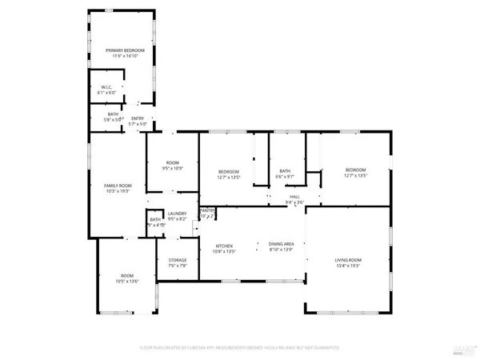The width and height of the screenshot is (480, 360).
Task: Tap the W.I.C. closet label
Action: pyautogui.click(x=106, y=87)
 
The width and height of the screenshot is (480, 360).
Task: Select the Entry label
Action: pyautogui.click(x=138, y=119)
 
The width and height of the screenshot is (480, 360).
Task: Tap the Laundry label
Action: pyautogui.click(x=177, y=214)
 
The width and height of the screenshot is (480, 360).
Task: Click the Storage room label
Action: pyautogui.click(x=177, y=260)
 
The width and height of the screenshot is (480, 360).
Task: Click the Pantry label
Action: pyautogui.click(x=207, y=210)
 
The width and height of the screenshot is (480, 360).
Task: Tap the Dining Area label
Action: pyautogui.click(x=281, y=245)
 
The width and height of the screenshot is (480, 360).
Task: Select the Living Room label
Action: pyautogui.click(x=348, y=260)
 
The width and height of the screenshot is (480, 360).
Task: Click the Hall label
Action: pyautogui.click(x=295, y=196)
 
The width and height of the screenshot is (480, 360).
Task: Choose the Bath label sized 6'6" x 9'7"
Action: pyautogui.click(x=285, y=170)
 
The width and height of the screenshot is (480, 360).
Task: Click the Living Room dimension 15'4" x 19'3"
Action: pyautogui.click(x=348, y=266)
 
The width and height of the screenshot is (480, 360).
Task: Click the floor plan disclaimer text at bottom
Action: pyautogui.click(x=240, y=348)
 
